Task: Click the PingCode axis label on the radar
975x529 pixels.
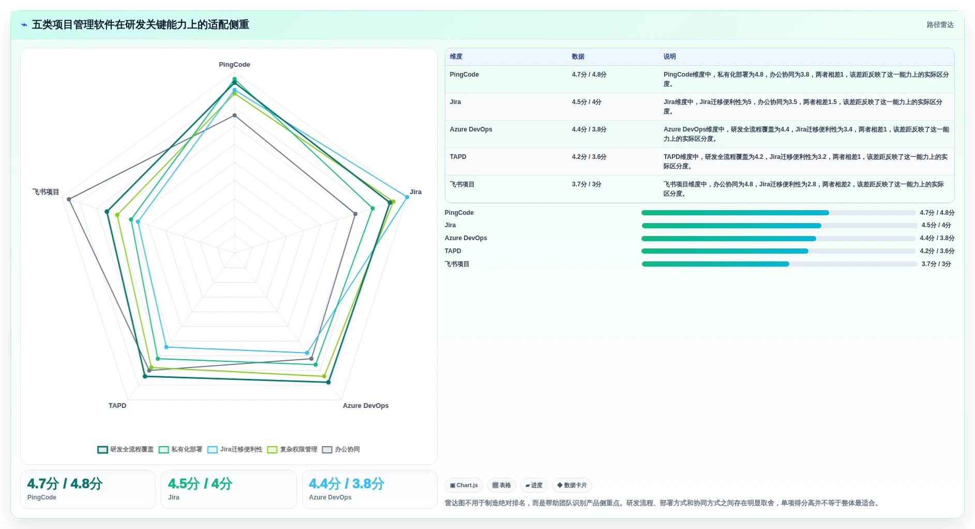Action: coord(234,65)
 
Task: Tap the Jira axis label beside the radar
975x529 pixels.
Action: coord(415,192)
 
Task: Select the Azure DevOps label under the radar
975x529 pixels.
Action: coord(366,406)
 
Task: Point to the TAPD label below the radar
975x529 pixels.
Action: coord(117,406)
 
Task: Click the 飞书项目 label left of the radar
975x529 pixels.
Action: coord(46,192)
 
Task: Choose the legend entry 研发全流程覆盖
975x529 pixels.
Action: coord(126,449)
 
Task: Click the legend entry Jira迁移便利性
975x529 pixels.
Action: coord(235,449)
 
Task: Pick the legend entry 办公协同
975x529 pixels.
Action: coord(341,449)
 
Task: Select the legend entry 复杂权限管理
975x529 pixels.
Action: coord(293,449)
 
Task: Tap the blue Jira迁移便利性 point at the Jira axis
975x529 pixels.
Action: coord(407,197)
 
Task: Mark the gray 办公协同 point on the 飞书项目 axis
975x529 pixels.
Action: coord(69,199)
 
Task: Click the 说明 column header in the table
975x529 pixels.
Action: coord(669,56)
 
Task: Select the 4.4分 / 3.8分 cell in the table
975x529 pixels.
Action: coord(589,129)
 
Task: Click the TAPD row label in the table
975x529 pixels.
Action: coord(458,157)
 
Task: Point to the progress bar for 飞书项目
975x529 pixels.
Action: coord(779,264)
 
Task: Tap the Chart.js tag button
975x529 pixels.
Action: coord(464,486)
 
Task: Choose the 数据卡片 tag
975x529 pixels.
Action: coord(572,486)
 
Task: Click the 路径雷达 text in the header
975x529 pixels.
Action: coord(940,25)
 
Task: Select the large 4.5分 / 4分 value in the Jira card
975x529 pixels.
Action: coord(200,484)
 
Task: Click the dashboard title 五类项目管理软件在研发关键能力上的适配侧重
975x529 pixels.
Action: coord(140,25)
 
